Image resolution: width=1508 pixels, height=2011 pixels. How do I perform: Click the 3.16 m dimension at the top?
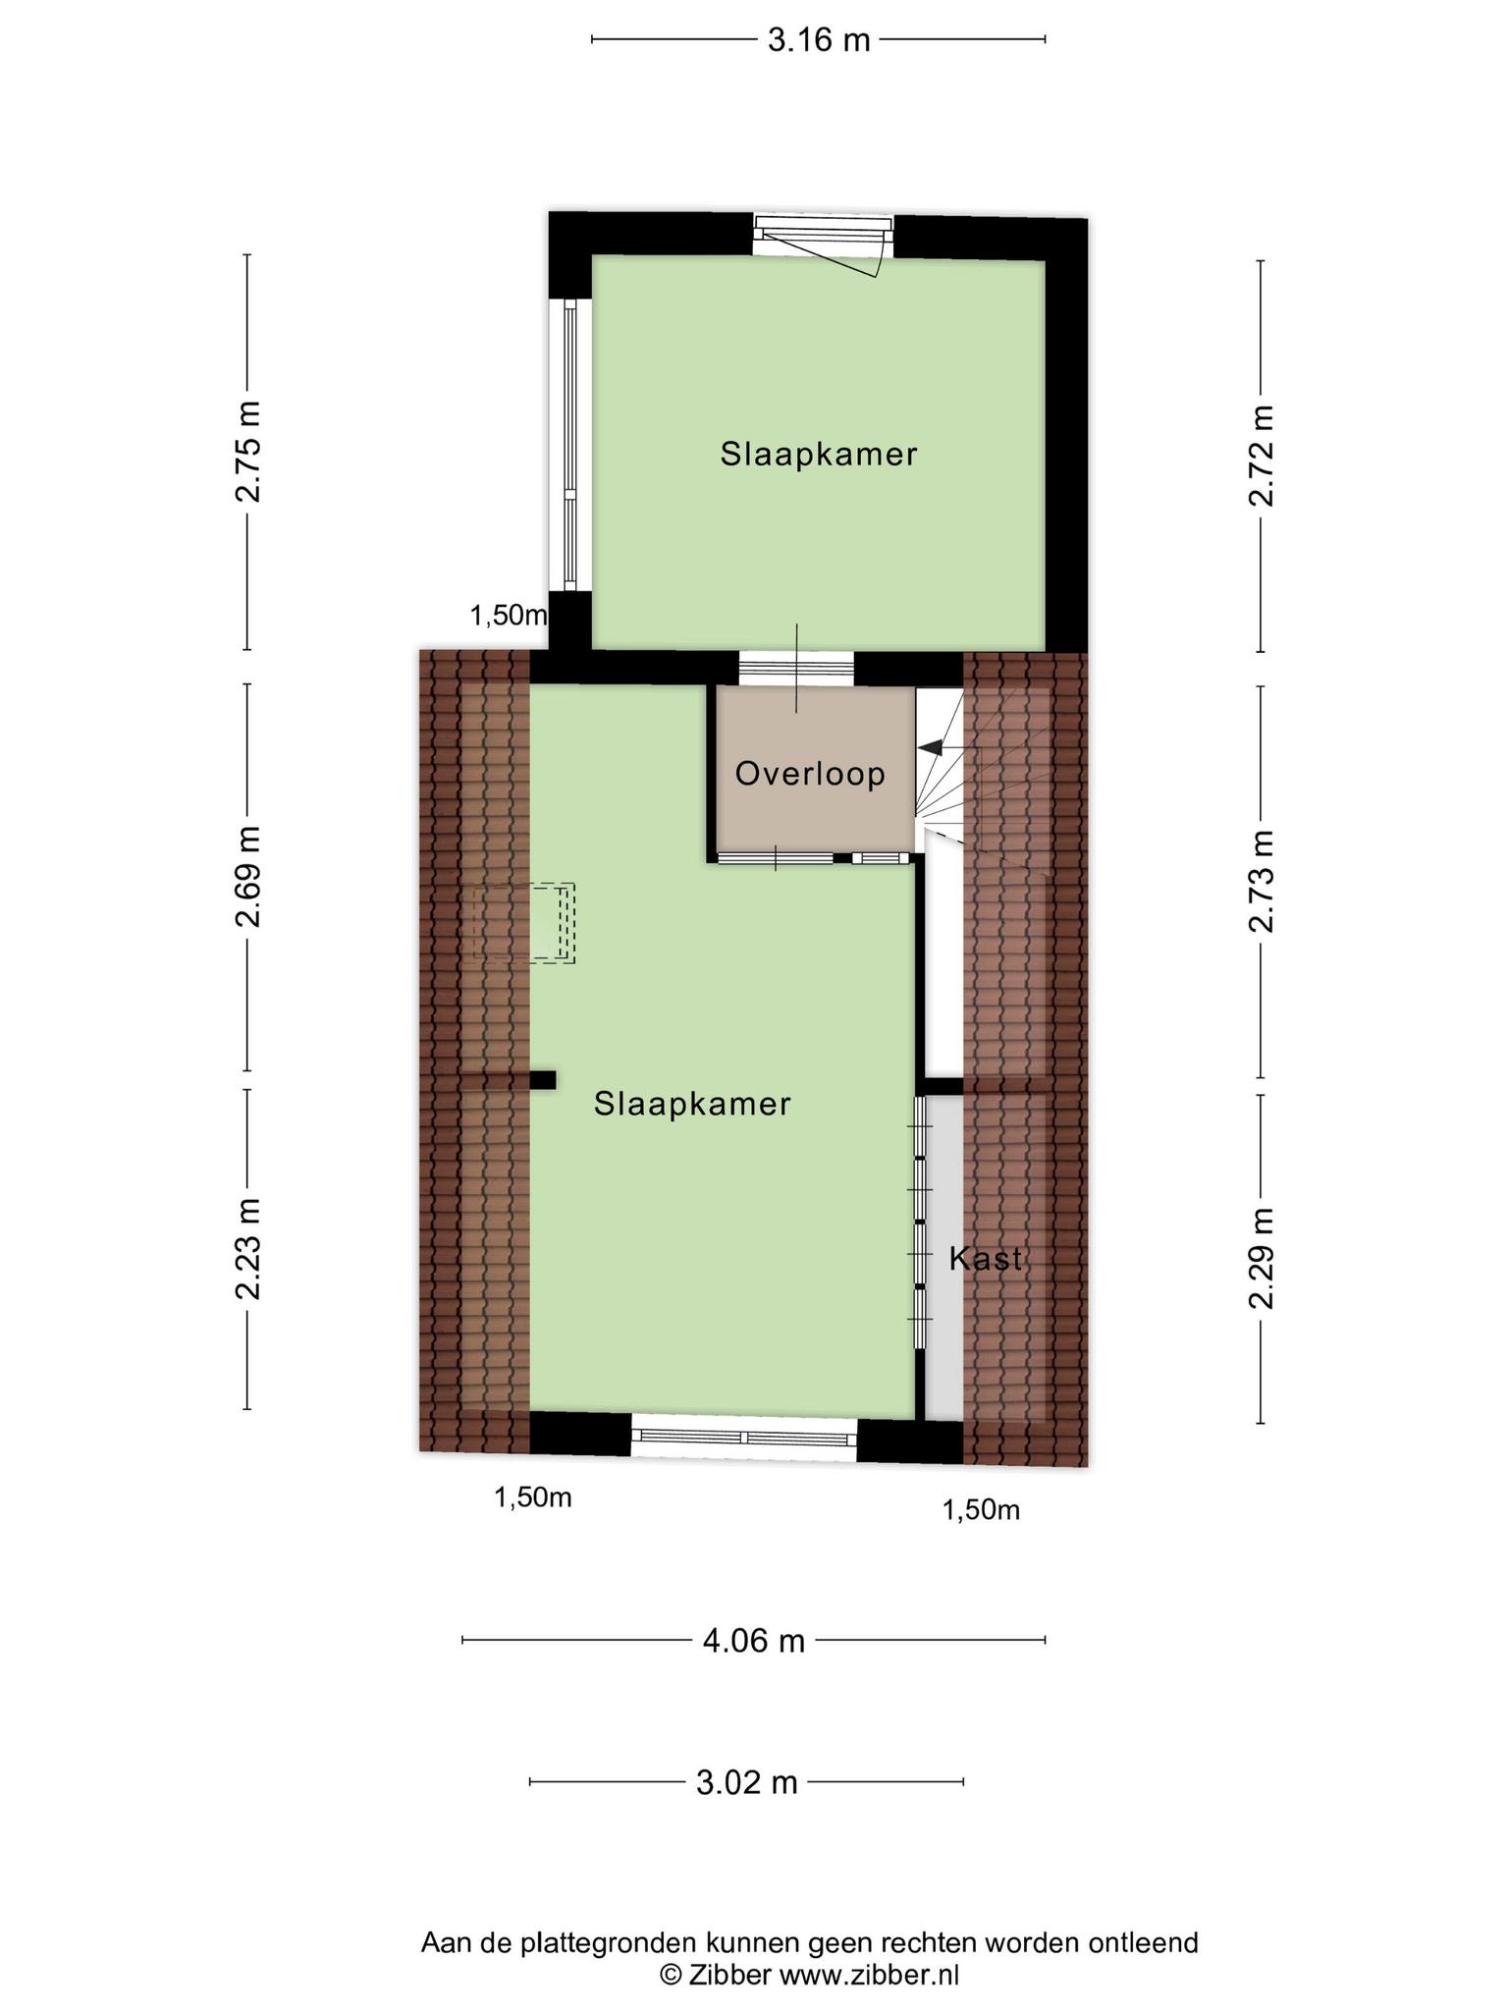(819, 40)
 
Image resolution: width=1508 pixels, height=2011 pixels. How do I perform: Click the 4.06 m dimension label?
(753, 1640)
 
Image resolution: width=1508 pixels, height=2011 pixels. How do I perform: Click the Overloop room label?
(810, 774)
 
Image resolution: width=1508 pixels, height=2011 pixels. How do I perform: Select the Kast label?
(985, 1259)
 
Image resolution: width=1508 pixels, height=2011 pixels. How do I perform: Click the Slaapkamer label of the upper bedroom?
(819, 454)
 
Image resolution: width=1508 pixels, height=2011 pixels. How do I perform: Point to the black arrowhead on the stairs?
(929, 747)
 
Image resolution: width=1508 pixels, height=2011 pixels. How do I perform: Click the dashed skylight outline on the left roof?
(523, 922)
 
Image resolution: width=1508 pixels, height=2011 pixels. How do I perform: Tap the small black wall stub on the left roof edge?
(543, 1080)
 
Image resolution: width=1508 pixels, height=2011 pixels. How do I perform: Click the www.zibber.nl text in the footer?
(868, 1975)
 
